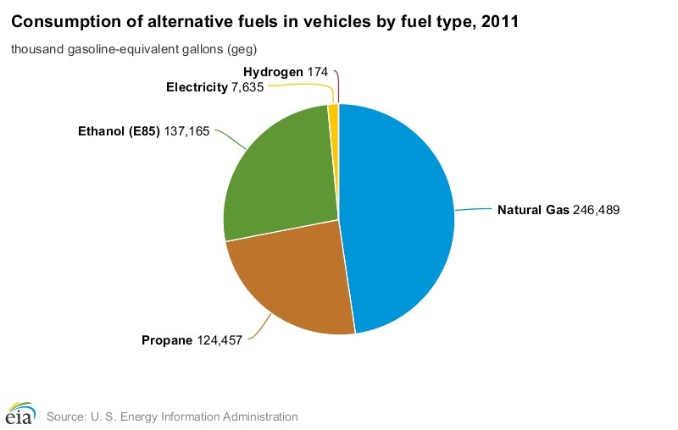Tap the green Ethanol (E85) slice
(275, 178)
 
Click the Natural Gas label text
(533, 209)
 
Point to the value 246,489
(597, 209)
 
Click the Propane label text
(168, 340)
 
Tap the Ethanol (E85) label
(119, 132)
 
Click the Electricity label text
(197, 87)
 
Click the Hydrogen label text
(272, 72)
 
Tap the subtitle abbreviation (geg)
(242, 49)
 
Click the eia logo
(19, 414)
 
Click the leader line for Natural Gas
(472, 208)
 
